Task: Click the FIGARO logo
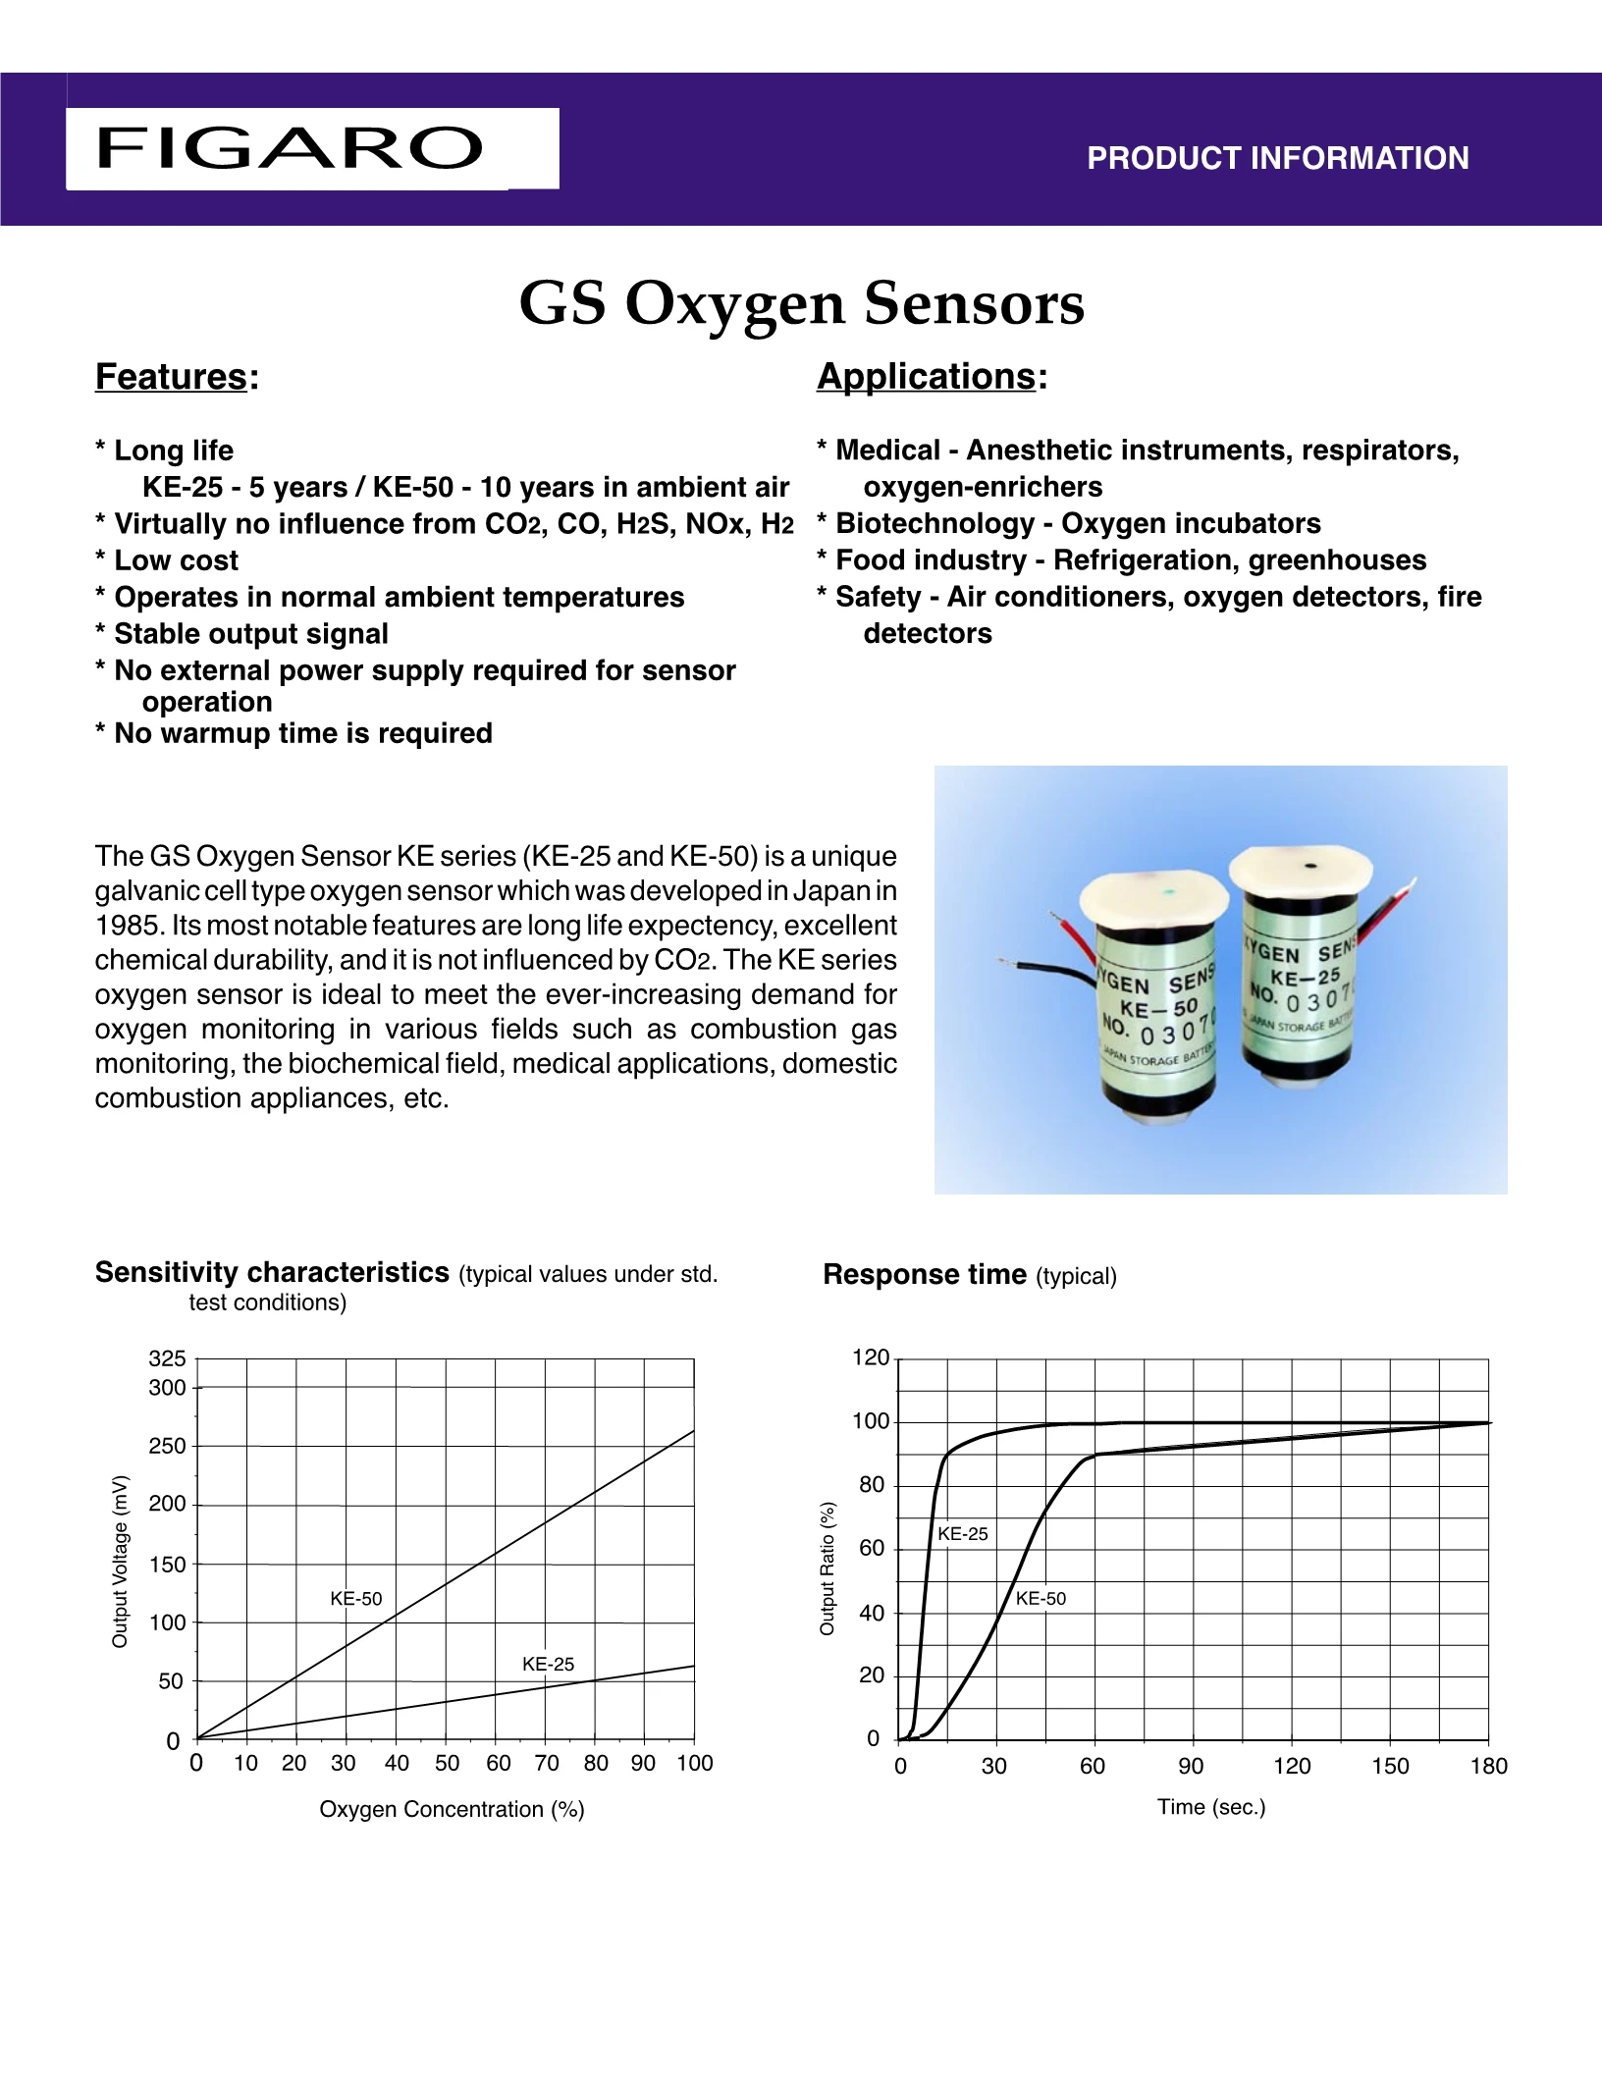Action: click(290, 148)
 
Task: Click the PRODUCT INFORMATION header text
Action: click(1277, 158)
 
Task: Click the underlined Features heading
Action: click(171, 377)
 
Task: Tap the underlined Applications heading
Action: click(926, 377)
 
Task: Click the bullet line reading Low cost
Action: click(176, 560)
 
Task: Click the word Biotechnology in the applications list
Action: click(934, 524)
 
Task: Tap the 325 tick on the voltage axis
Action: click(167, 1358)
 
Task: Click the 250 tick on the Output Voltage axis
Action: click(167, 1446)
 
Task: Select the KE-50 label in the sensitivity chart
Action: click(355, 1599)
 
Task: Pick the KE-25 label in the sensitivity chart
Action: click(548, 1664)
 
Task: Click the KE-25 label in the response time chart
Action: click(962, 1534)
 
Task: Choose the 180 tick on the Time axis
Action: click(1488, 1767)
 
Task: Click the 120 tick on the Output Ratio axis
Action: click(871, 1358)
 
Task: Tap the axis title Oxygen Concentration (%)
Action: click(452, 1809)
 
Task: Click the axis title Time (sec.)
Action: click(1211, 1807)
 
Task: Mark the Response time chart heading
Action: click(924, 1275)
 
